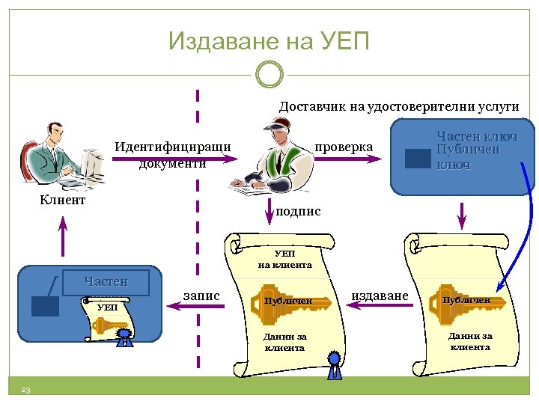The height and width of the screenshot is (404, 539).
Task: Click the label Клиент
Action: click(63, 200)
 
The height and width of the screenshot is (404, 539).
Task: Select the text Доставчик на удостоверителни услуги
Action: click(399, 106)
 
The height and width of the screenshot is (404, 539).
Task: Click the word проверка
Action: click(344, 147)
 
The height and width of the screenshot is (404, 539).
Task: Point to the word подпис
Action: click(298, 212)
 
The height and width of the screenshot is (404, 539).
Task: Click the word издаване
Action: click(380, 296)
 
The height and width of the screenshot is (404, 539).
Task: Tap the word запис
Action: click(201, 296)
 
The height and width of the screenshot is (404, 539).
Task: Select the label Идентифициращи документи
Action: click(173, 153)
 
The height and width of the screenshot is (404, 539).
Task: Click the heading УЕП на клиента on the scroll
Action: click(284, 259)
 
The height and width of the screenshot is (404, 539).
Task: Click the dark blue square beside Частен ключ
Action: click(417, 159)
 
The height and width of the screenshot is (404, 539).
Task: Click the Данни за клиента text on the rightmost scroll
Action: click(470, 341)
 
